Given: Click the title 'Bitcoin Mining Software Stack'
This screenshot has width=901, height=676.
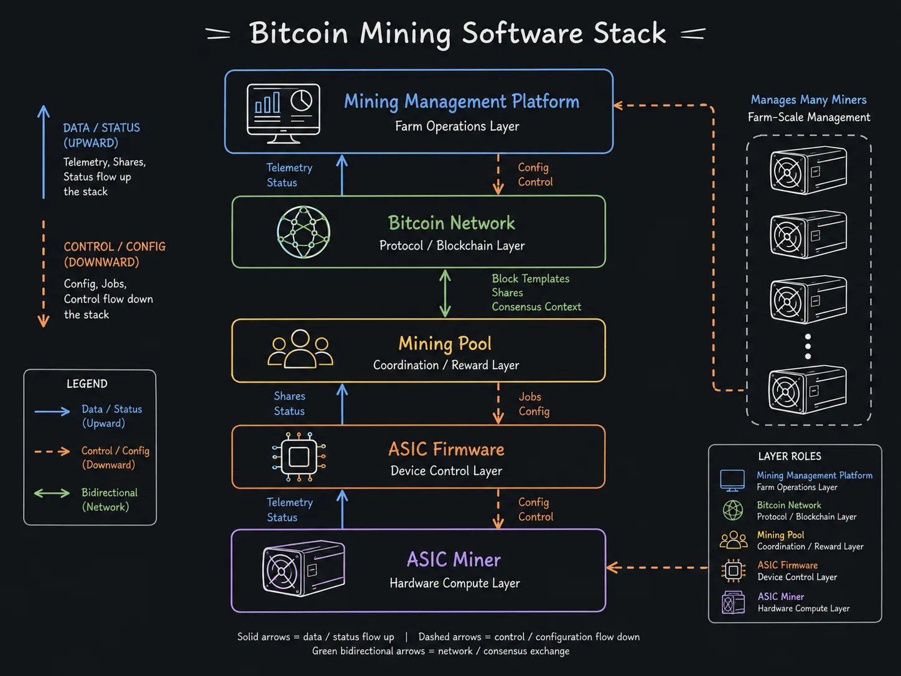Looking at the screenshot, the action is (457, 34).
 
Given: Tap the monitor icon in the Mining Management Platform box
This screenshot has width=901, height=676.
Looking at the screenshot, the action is (283, 113).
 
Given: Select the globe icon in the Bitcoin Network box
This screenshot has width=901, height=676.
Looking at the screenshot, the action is (304, 232).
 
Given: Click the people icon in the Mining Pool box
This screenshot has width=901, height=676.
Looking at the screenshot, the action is (300, 348).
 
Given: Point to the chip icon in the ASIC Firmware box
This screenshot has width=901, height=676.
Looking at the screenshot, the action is (299, 456).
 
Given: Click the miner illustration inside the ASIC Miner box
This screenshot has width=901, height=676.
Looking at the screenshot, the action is (304, 568).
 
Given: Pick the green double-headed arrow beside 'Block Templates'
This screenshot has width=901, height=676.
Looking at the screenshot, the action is (445, 293).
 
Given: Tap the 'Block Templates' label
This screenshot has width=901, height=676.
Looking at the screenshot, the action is (530, 279).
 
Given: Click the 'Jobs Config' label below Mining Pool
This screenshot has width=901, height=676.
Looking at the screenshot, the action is (534, 404).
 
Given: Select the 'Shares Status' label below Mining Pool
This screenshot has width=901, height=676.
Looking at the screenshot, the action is (289, 403).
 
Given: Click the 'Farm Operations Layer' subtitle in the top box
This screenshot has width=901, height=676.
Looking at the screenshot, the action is (457, 126).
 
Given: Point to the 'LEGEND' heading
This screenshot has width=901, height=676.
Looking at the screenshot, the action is (87, 384).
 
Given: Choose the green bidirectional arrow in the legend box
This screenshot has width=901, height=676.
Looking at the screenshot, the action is (52, 493).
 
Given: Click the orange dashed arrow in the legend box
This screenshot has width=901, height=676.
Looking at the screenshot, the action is (52, 452).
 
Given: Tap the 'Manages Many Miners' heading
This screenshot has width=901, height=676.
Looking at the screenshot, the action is (808, 100).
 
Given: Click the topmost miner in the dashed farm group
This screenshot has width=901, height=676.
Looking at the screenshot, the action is (808, 170).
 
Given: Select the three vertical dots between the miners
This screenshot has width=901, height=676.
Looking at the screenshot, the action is (808, 347).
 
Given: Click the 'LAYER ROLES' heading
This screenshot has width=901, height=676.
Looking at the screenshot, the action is (790, 456).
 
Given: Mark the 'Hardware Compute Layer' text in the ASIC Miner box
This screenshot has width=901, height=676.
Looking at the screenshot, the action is (454, 583).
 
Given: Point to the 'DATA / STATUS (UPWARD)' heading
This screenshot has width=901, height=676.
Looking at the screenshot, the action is (101, 136).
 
